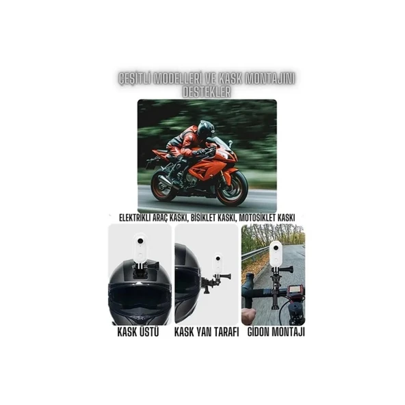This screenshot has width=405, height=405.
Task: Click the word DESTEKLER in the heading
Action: coord(202,90)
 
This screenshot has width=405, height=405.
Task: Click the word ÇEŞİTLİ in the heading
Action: coord(134,79)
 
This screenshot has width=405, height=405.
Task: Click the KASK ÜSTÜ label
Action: coord(140,332)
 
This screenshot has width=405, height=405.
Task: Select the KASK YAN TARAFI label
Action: coord(206,332)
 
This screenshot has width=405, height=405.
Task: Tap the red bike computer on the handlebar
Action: coord(295,291)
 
